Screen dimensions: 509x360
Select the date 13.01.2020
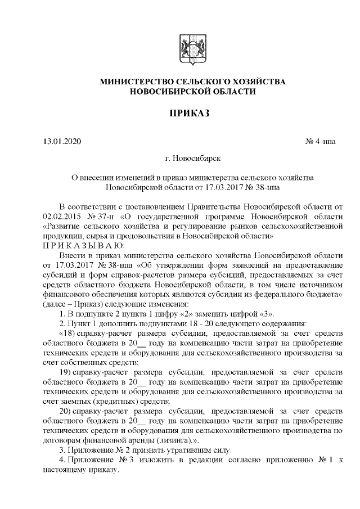coord(62,141)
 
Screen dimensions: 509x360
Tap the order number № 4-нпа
coord(321,141)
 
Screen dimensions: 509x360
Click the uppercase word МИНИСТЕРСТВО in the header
coord(133,82)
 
